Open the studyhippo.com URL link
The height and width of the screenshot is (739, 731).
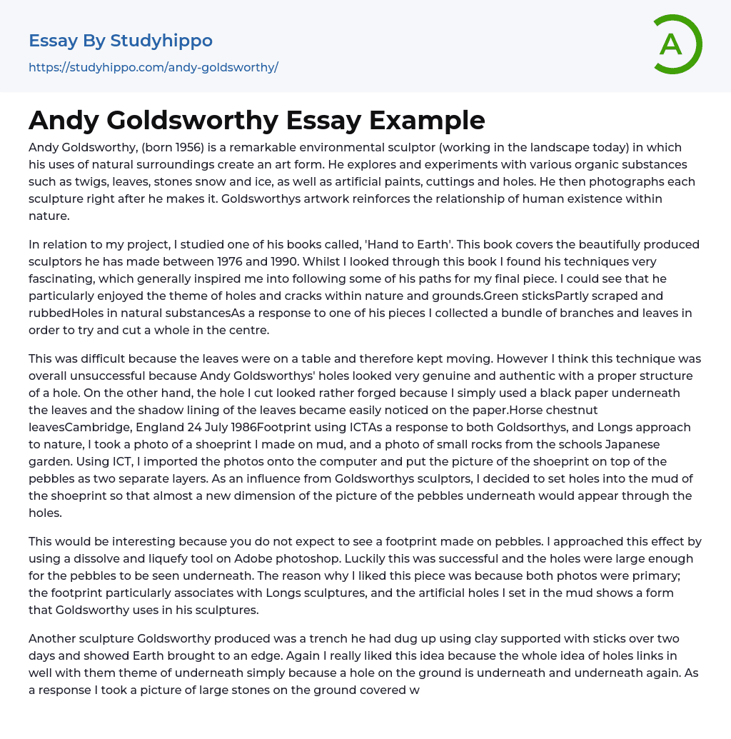pyautogui.click(x=153, y=68)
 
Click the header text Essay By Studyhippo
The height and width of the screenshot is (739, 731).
pyautogui.click(x=121, y=41)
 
